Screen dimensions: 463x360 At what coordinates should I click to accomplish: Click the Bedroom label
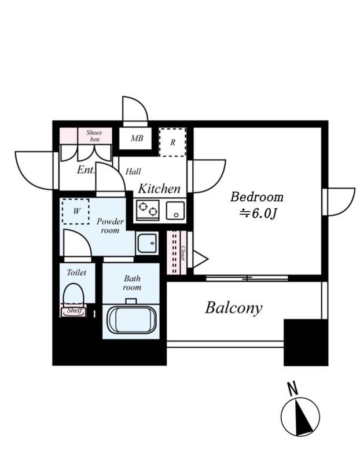[257, 197]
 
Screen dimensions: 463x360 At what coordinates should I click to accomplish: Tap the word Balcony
[233, 307]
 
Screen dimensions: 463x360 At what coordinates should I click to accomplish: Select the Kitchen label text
[159, 189]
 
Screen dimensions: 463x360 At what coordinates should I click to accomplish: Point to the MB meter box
[137, 138]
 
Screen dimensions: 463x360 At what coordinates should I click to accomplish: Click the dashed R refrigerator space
[172, 142]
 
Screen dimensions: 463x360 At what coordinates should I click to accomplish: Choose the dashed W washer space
[76, 211]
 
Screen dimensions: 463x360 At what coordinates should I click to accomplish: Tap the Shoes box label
[94, 136]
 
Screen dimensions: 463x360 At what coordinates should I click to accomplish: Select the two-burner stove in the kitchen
[148, 208]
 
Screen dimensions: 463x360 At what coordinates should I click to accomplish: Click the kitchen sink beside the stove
[175, 210]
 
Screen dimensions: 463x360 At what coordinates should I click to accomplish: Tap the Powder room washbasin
[147, 242]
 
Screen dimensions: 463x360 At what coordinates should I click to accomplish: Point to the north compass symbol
[300, 417]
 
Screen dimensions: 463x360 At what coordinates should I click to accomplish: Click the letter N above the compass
[293, 389]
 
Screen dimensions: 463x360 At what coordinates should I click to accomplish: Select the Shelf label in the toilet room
[74, 311]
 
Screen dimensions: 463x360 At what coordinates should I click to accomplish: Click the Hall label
[134, 172]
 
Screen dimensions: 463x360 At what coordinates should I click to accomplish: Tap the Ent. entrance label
[85, 170]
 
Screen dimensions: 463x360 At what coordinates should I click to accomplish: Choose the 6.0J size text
[259, 214]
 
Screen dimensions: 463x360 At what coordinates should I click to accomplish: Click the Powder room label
[109, 226]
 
